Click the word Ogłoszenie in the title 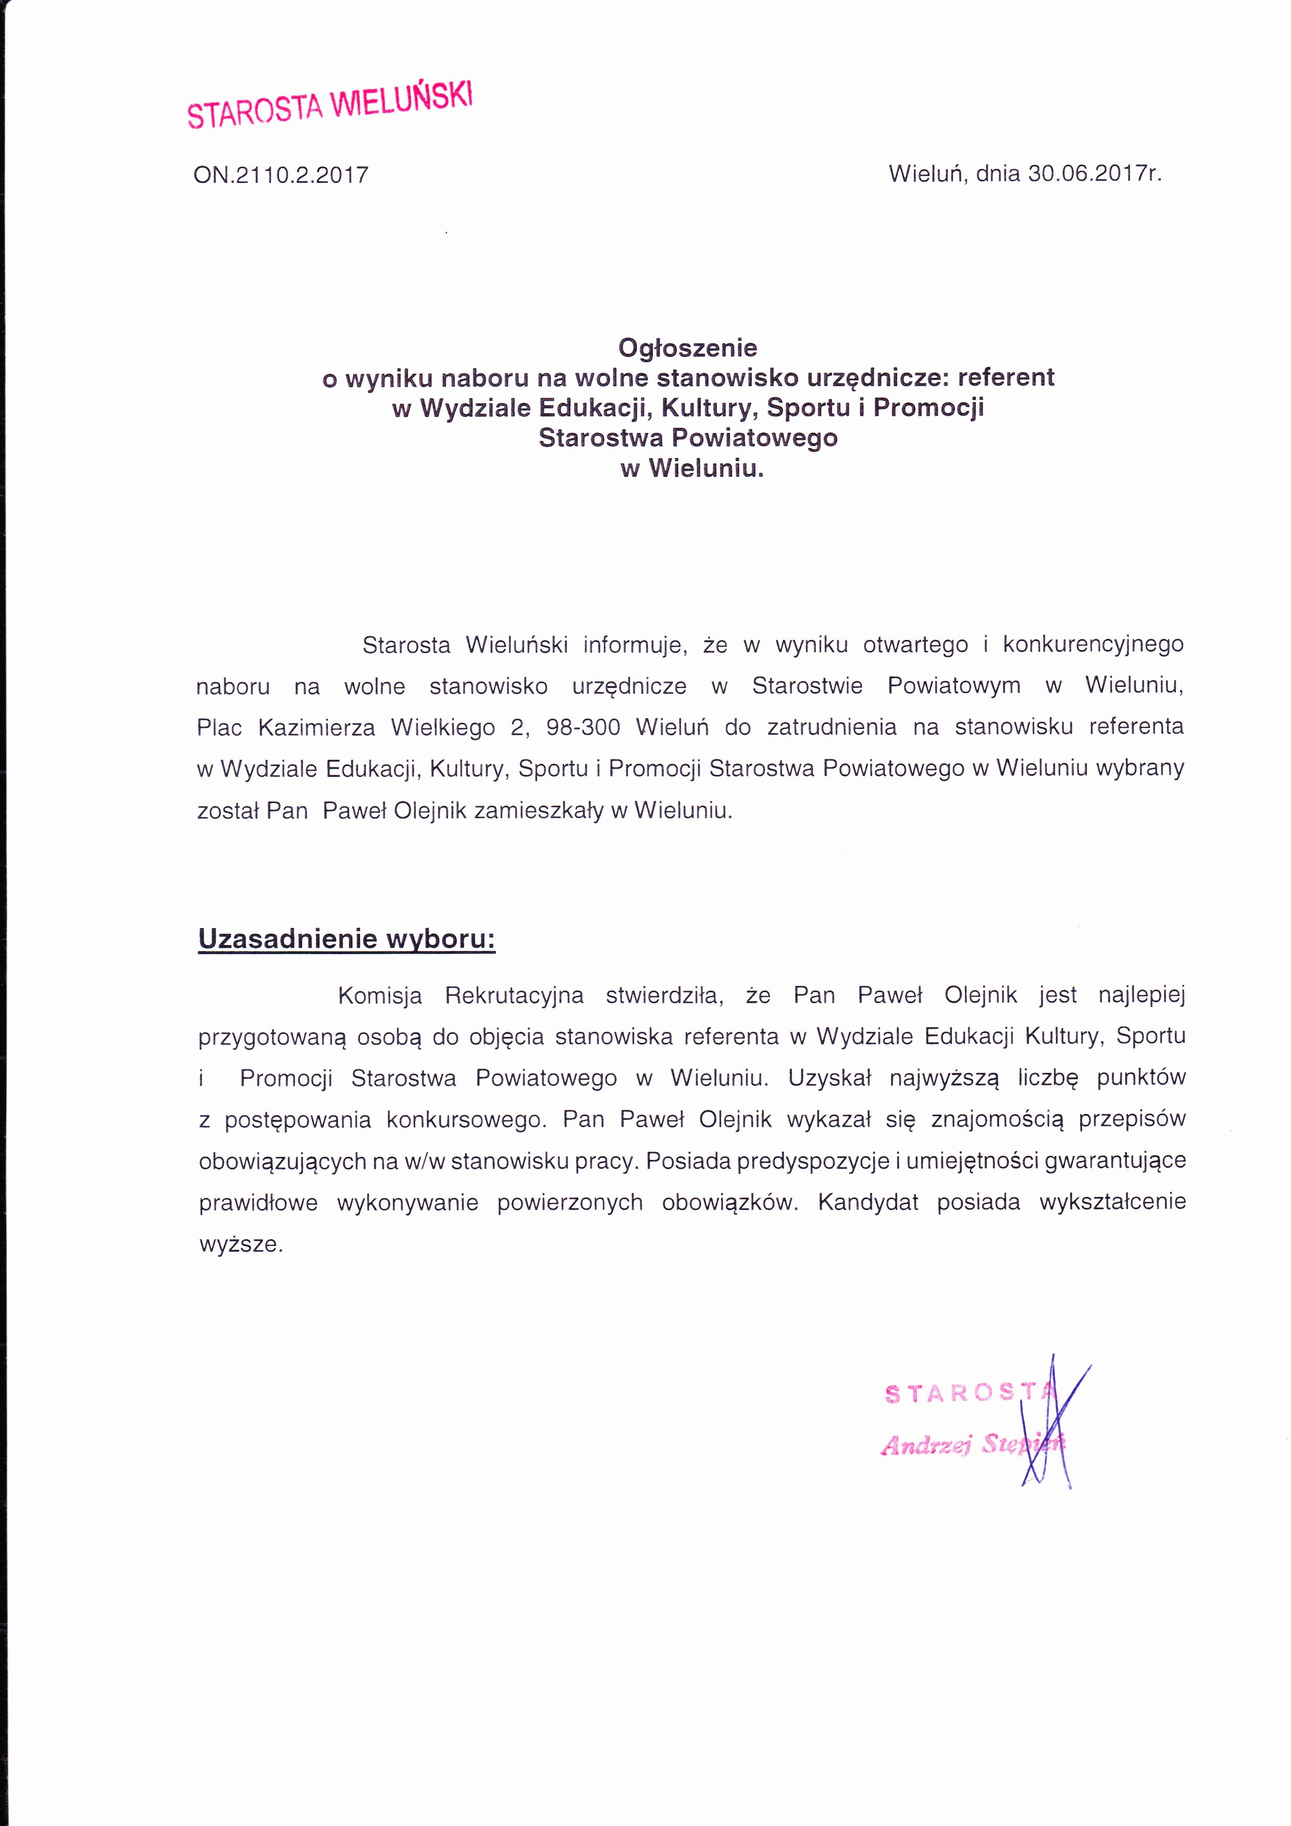click(x=688, y=348)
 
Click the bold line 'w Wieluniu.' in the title click(x=692, y=468)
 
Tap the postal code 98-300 click(x=582, y=727)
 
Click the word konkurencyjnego click(x=1093, y=644)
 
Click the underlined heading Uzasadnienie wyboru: click(x=346, y=939)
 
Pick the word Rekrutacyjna click(x=514, y=995)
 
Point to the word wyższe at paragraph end click(x=241, y=1244)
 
